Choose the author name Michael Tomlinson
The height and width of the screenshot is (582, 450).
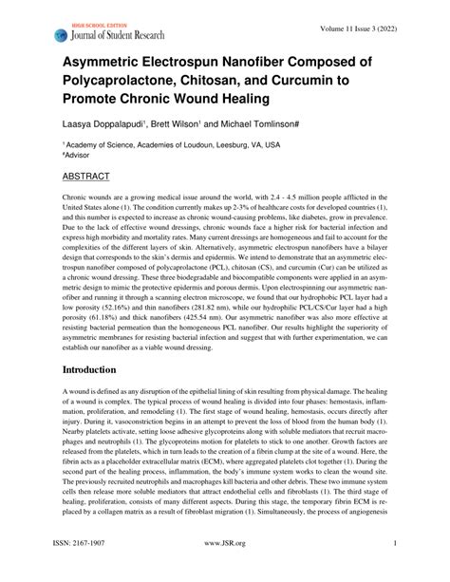tap(288, 122)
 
